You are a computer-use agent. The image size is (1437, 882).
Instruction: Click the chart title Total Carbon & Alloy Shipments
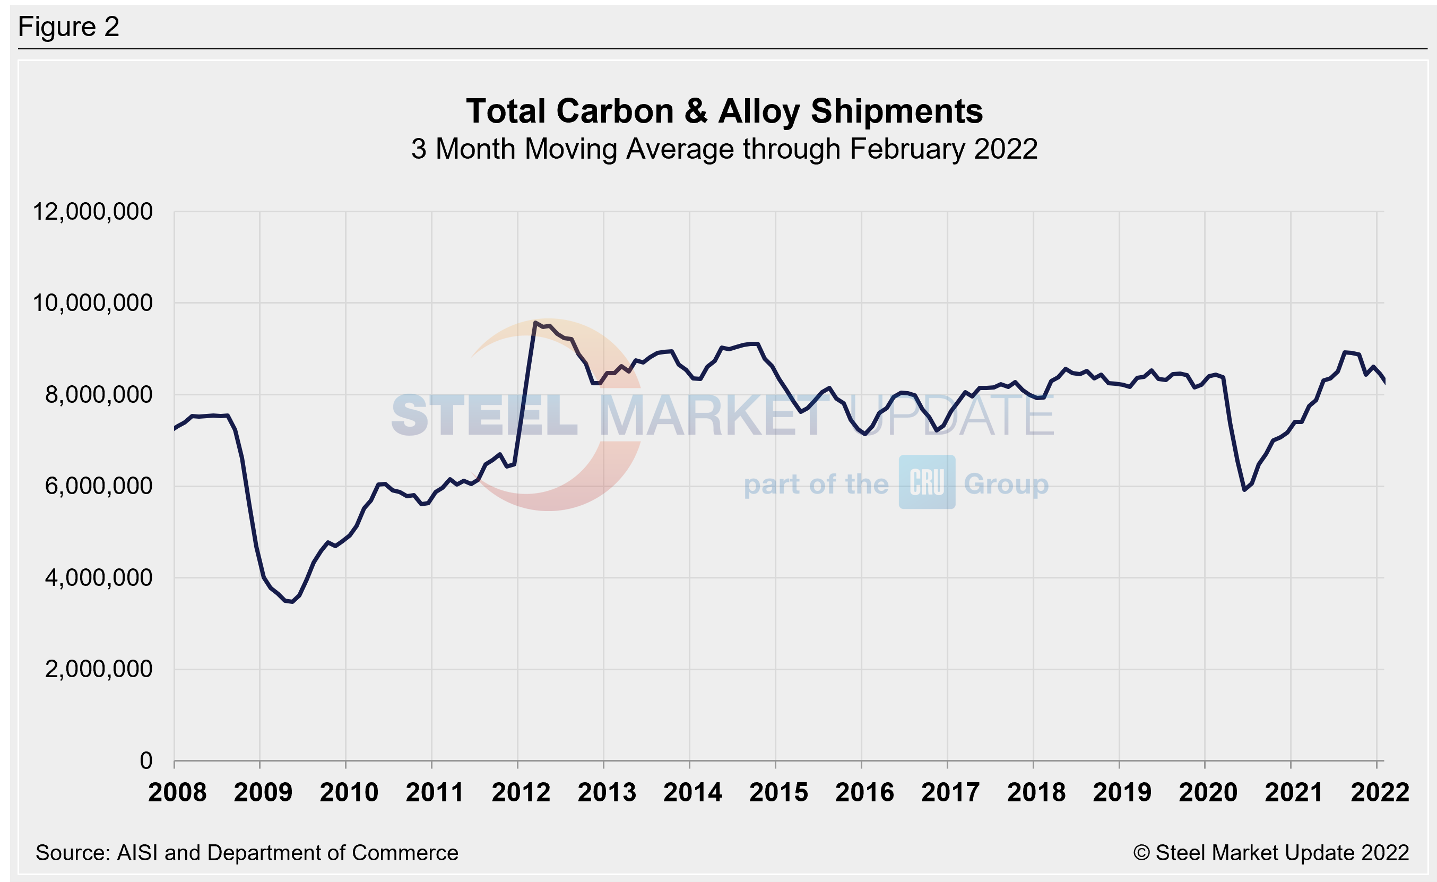pos(724,111)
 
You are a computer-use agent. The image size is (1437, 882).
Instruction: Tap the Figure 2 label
pos(69,27)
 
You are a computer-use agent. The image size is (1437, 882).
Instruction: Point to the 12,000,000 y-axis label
pos(92,211)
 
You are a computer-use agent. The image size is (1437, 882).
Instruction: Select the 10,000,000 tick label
pos(92,302)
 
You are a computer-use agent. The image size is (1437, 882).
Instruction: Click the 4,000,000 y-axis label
pos(98,577)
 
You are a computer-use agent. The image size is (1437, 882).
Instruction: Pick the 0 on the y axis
pos(146,760)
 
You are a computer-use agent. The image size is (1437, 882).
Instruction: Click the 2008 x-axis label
pos(177,792)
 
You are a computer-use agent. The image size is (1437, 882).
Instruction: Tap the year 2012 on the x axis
pos(520,792)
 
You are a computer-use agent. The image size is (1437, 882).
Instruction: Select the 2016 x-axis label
pos(864,792)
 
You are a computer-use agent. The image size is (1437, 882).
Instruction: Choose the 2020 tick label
pos(1207,792)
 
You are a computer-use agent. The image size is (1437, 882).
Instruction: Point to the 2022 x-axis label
pos(1379,792)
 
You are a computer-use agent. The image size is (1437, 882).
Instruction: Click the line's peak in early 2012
pos(535,322)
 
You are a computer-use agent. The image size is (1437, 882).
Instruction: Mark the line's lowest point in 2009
pos(292,601)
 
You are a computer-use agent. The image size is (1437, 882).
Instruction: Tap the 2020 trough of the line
pos(1244,489)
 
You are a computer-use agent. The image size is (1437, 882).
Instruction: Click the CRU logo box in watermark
pos(926,482)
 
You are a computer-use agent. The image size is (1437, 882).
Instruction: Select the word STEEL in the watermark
pos(484,416)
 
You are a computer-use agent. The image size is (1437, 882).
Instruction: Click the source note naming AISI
pos(247,853)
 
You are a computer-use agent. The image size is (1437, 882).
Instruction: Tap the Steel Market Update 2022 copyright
pos(1271,853)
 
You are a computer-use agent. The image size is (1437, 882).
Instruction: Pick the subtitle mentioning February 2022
pos(724,149)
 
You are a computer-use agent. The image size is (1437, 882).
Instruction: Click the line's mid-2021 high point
pos(1344,352)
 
